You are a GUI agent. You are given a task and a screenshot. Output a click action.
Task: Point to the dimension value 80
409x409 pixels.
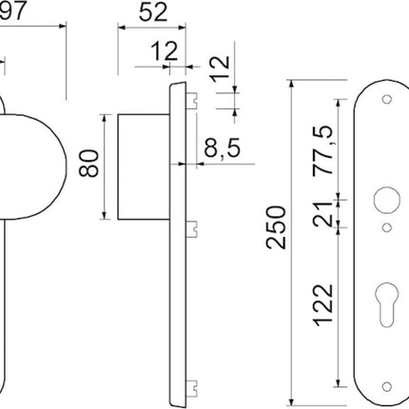pyautogui.click(x=88, y=166)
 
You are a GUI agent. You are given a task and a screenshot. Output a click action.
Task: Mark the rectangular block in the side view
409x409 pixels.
pyautogui.click(x=143, y=166)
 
